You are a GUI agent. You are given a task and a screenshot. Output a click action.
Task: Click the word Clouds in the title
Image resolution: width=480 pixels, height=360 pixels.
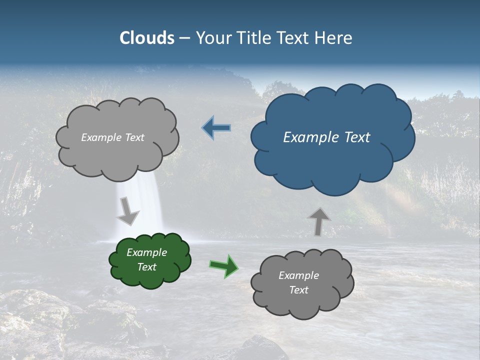point(146,38)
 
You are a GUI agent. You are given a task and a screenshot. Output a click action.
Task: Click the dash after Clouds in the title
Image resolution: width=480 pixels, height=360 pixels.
point(184,38)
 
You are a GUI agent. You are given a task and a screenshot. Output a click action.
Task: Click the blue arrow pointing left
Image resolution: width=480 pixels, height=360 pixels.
point(216,128)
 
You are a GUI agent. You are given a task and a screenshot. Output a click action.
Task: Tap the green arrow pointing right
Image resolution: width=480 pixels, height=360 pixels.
point(224,265)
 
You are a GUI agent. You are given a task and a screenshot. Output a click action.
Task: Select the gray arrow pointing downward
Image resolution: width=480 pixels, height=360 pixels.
point(127,211)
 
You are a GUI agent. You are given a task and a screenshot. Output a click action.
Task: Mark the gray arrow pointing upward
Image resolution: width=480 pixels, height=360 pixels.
point(318,221)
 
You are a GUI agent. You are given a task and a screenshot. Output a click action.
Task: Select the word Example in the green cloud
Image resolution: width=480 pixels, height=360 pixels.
point(146,252)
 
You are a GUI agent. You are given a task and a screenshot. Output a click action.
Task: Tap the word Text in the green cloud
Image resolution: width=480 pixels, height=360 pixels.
point(146,267)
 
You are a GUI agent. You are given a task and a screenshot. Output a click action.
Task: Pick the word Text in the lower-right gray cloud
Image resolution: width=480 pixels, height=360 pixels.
point(298,290)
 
